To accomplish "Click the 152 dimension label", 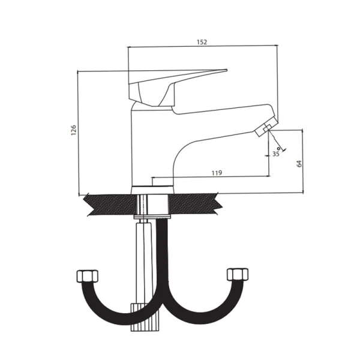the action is (x=202, y=42).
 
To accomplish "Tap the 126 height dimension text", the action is (x=73, y=130).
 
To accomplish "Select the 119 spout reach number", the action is (x=217, y=173).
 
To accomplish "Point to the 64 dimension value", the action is (x=299, y=164).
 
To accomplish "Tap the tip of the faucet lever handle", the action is (x=226, y=70).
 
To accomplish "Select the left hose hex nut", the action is (x=87, y=276).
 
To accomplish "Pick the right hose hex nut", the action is (x=238, y=274).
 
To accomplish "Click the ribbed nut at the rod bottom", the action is (x=145, y=317).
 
